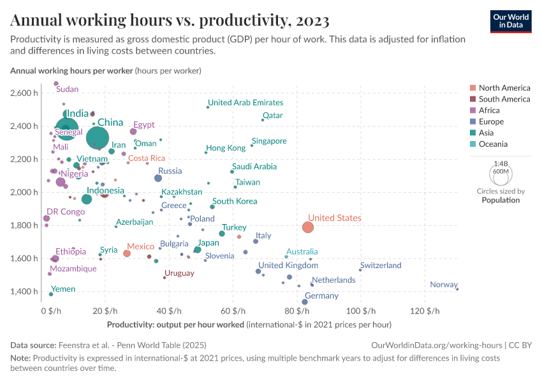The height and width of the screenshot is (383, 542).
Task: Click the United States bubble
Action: pos(308,227)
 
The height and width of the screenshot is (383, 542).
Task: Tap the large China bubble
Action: pos(98,137)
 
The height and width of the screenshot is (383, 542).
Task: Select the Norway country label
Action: pos(443,285)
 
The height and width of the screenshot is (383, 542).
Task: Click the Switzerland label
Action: pos(381,265)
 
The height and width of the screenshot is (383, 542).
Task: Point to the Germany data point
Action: pos(305,302)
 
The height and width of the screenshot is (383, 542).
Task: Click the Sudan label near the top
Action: pos(68,89)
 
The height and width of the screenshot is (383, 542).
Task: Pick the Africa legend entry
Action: pos(489,110)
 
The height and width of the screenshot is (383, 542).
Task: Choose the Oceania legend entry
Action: pos(493,144)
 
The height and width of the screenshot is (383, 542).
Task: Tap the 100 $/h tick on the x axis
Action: pos(360,311)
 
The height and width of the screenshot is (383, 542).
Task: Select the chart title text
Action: pos(170,20)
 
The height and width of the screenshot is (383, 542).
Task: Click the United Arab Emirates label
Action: pos(245,102)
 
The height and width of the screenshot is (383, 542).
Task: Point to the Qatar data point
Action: pos(263,120)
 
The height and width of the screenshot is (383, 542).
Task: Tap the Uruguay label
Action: pos(179,273)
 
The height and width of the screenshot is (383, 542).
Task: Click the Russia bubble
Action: pos(158,178)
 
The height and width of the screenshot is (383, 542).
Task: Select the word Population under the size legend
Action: pos(501,200)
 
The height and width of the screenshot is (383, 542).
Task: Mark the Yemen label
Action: pos(63,289)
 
